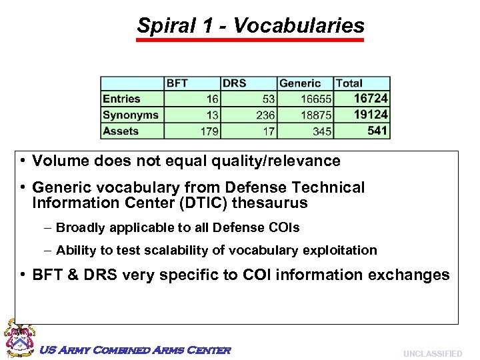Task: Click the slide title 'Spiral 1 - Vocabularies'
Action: click(x=251, y=25)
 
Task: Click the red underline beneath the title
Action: click(x=251, y=40)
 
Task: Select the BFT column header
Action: click(x=177, y=83)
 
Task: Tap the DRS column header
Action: click(x=234, y=83)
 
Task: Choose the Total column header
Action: click(x=349, y=83)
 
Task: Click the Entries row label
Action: click(x=121, y=99)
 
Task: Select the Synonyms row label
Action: click(x=131, y=115)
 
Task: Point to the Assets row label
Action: click(x=121, y=131)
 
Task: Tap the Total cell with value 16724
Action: click(x=370, y=99)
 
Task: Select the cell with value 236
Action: click(x=265, y=115)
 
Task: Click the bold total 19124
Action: click(x=370, y=115)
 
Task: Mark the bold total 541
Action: click(x=377, y=131)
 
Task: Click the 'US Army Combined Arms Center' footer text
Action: click(x=135, y=350)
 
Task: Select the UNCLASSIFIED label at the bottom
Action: click(x=432, y=353)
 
